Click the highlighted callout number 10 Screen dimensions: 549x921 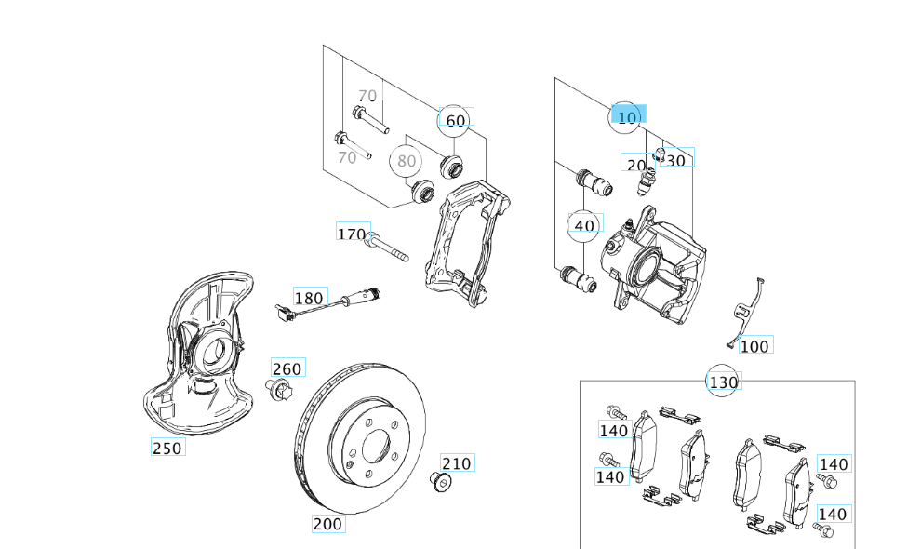click(x=628, y=117)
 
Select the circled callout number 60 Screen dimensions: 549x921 click(x=455, y=121)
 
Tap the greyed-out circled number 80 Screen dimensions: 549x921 click(x=407, y=161)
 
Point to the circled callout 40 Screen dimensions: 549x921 click(x=584, y=225)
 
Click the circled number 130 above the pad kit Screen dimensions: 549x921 click(x=723, y=382)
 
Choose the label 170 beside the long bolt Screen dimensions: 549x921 click(x=353, y=234)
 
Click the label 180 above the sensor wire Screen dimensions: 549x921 click(x=309, y=298)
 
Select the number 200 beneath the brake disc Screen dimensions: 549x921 click(x=327, y=524)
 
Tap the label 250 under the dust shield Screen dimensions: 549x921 click(x=167, y=449)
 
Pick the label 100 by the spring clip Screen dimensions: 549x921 click(x=755, y=346)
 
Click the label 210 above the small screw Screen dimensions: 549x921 click(x=457, y=463)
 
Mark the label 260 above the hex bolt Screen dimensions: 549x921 click(x=287, y=368)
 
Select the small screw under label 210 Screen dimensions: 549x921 click(x=442, y=481)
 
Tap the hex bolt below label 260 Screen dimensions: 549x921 click(x=277, y=390)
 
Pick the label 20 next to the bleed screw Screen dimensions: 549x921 click(x=635, y=165)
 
